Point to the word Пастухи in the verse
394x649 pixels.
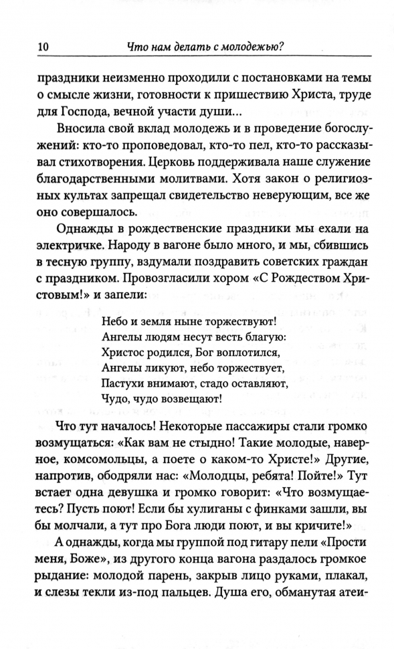pyautogui.click(x=125, y=383)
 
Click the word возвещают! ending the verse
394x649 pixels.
pyautogui.click(x=191, y=399)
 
